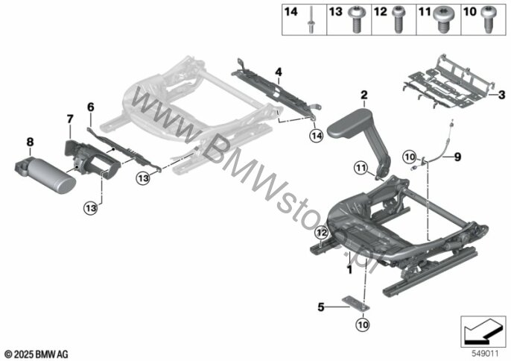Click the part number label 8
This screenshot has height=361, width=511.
pyautogui.click(x=30, y=140)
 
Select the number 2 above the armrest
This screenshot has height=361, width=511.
pyautogui.click(x=364, y=95)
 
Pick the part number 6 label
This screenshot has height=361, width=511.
pyautogui.click(x=91, y=107)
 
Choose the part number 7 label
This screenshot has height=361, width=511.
pyautogui.click(x=69, y=119)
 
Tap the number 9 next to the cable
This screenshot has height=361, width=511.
pyautogui.click(x=459, y=157)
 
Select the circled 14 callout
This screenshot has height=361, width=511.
pyautogui.click(x=316, y=136)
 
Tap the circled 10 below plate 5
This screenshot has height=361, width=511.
pyautogui.click(x=361, y=324)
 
